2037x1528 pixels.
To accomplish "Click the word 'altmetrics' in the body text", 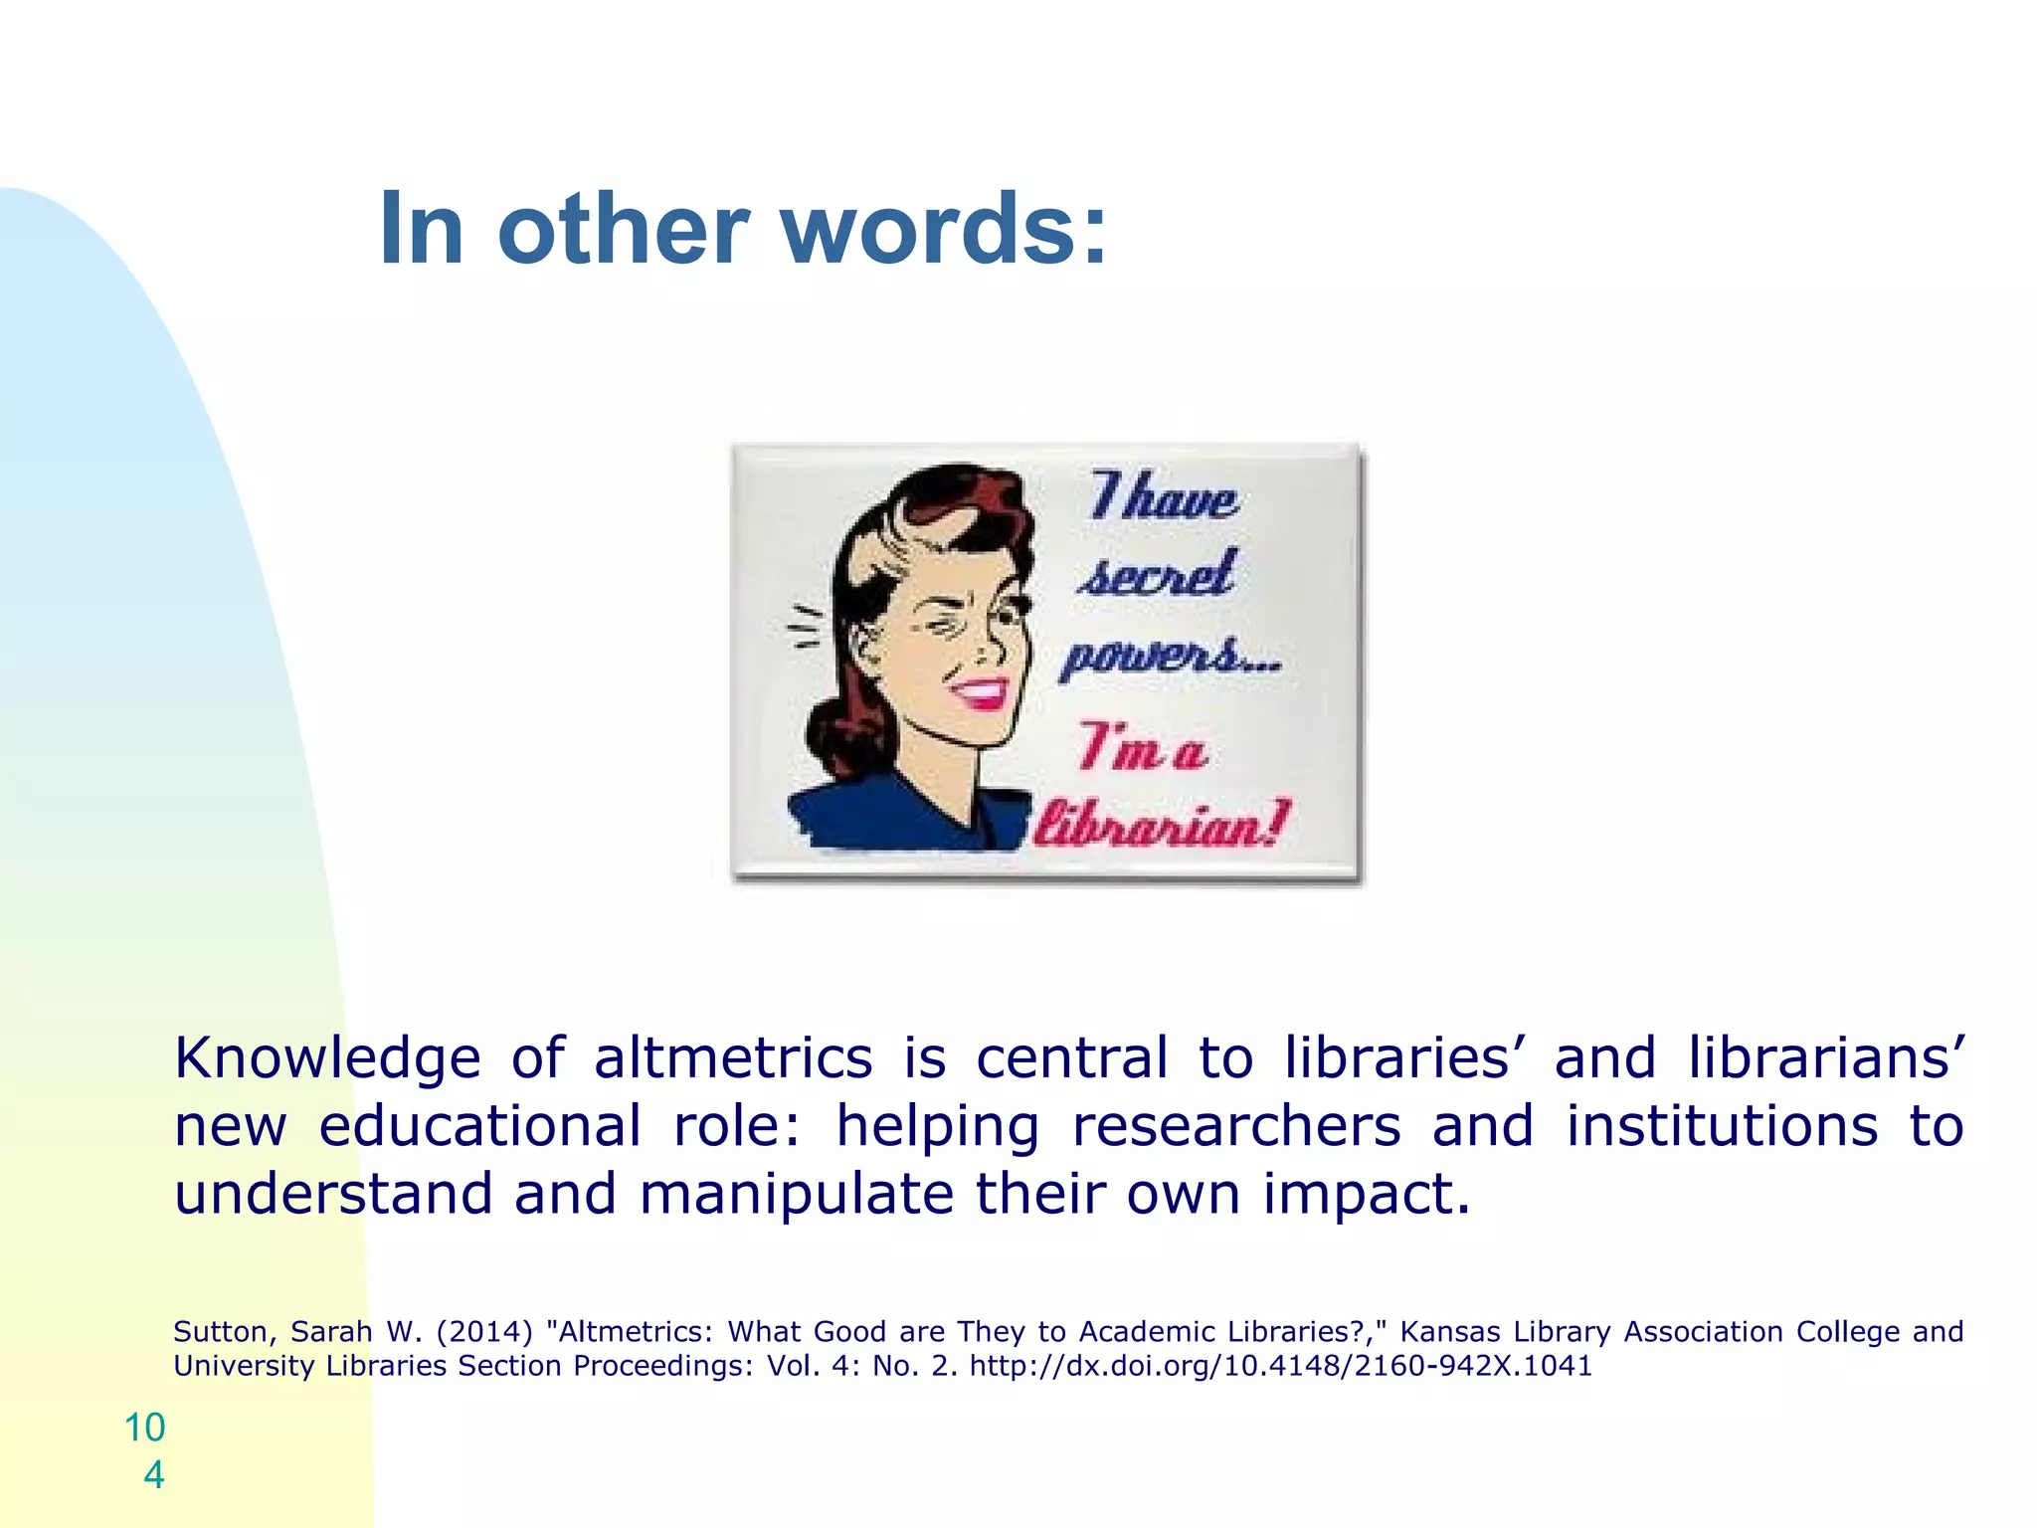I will tap(733, 1057).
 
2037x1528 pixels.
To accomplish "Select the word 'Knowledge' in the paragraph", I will tap(327, 1057).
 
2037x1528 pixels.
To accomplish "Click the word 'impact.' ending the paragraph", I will tap(1367, 1194).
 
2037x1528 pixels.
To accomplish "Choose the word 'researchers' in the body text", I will tap(1236, 1126).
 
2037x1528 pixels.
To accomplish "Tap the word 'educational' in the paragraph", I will tap(479, 1126).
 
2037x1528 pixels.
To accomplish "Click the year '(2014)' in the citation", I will tap(484, 1331).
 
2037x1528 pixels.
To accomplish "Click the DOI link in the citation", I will tap(1281, 1366).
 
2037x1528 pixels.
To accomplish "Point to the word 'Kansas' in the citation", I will tap(1449, 1331).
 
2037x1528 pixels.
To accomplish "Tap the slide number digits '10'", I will tap(145, 1428).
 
